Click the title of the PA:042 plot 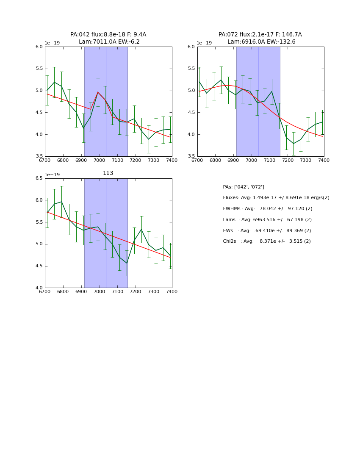coord(108,38)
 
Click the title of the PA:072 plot coord(260,38)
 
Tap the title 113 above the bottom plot coord(108,173)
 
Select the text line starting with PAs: coord(244,187)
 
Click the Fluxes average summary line coord(276,198)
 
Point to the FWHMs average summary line coord(268,209)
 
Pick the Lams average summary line coord(267,220)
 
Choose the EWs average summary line coord(267,231)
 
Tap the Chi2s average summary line coord(267,241)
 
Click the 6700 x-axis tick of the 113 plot coord(45,292)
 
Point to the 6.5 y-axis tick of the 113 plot coord(39,178)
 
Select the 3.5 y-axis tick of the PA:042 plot coord(39,156)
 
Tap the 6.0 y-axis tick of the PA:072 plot coord(191,47)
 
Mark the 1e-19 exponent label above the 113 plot coord(52,175)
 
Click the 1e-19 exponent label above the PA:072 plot coord(205,43)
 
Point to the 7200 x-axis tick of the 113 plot coord(136,292)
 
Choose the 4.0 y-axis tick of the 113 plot coord(39,288)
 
